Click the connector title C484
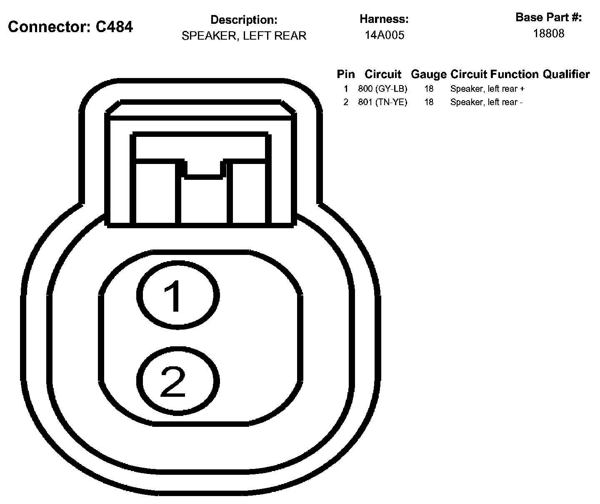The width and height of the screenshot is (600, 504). [x=70, y=27]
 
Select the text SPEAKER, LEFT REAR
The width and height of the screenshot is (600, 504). [x=244, y=36]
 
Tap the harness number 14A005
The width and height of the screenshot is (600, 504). [x=384, y=35]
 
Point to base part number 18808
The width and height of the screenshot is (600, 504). [x=548, y=34]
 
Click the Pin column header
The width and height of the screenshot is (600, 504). [x=345, y=74]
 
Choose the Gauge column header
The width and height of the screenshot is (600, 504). [x=428, y=74]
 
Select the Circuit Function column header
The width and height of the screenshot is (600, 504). [x=495, y=74]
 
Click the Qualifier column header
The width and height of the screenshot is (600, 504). [x=566, y=74]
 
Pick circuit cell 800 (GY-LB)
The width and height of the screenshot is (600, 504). [x=382, y=89]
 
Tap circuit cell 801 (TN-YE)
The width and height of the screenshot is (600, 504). [x=382, y=102]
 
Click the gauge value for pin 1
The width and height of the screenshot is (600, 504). [x=429, y=89]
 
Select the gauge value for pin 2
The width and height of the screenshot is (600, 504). [x=429, y=102]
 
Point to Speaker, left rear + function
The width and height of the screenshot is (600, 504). [x=487, y=89]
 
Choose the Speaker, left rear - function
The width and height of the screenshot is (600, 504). [x=486, y=102]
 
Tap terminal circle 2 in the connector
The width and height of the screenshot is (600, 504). [x=178, y=381]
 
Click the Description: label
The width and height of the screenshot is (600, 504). [x=244, y=20]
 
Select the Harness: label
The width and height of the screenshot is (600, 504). [x=384, y=19]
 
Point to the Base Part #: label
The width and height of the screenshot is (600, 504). [x=548, y=18]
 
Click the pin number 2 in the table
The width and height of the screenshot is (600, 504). [x=345, y=102]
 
